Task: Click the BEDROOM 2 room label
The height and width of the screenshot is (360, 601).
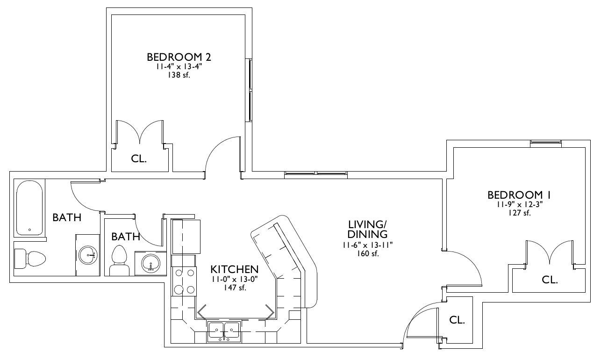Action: pos(179,57)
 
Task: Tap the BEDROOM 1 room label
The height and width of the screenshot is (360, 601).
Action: pos(519,195)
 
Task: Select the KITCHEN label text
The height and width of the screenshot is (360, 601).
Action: pos(235,269)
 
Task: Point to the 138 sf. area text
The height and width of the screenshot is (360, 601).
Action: pos(179,75)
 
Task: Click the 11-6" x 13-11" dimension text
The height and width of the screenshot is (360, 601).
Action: pos(368,245)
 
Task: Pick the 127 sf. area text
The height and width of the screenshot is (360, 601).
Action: pos(519,213)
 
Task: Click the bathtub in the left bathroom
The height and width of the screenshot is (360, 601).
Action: pos(29,208)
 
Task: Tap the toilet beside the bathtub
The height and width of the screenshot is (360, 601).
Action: pos(30,259)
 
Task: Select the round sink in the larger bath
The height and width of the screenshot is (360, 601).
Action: pos(87,255)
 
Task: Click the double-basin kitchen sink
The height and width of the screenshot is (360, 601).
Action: pos(224,331)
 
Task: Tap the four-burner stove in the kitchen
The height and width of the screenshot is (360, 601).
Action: pos(184,281)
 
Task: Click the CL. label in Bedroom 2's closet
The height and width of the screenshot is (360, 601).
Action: pos(139,158)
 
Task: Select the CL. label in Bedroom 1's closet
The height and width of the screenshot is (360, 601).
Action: pos(550,280)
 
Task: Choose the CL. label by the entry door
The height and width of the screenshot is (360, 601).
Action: pos(457,320)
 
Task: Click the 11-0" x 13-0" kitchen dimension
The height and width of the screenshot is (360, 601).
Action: pos(235,279)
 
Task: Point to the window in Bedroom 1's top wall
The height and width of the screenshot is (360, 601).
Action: pos(546,144)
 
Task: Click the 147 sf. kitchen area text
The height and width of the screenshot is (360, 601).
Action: pos(235,288)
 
